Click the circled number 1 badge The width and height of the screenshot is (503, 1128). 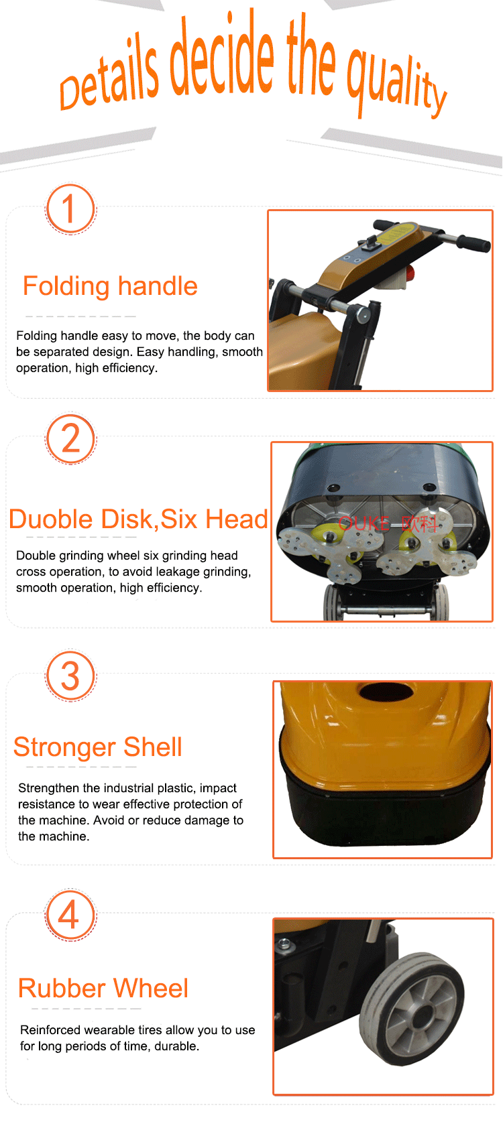point(70,209)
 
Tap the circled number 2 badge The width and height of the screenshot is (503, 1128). point(70,438)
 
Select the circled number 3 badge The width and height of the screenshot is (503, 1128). point(70,676)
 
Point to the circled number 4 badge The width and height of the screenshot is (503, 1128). point(70,914)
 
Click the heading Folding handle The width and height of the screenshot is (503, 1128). point(111,287)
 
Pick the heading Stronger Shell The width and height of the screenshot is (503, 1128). point(98,747)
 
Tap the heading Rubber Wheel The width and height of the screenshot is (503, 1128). point(103,988)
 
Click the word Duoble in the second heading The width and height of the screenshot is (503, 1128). point(52,519)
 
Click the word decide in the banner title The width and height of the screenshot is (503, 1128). point(222,56)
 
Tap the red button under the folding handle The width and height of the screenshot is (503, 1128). point(410,274)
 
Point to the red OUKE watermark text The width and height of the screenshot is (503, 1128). point(365,523)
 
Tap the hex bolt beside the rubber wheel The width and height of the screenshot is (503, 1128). point(285,944)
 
